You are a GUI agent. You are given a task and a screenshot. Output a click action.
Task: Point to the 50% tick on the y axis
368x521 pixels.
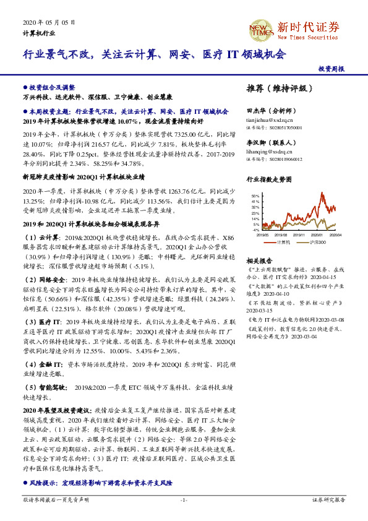[256, 196]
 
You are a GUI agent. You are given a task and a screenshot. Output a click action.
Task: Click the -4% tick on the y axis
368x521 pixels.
[256, 230]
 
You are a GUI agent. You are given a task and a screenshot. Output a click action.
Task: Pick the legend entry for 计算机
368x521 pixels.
[284, 241]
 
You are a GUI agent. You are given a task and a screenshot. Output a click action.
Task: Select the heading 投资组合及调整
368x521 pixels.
[53, 88]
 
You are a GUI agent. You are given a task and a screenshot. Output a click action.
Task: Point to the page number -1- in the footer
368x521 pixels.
[184, 499]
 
